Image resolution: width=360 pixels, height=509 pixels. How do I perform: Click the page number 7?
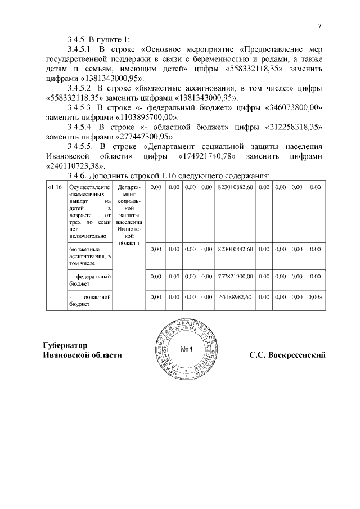[319, 26]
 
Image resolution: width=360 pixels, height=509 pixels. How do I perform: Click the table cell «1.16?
[55, 187]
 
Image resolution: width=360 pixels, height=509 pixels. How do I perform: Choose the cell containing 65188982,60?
[235, 296]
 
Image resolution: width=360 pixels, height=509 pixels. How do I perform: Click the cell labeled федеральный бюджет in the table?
[89, 280]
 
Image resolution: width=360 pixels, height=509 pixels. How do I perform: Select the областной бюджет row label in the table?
[89, 300]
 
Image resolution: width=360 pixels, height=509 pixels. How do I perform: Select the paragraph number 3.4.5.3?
[81, 107]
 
